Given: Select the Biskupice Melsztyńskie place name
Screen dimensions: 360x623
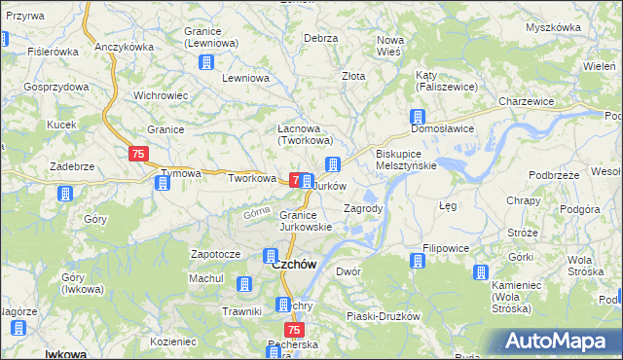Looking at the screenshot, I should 406,160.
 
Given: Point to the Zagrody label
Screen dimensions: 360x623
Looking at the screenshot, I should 363,208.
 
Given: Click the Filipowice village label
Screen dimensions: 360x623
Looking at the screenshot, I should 447,248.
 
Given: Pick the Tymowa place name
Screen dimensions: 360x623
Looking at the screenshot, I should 180,174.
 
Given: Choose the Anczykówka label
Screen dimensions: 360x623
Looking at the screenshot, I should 126,47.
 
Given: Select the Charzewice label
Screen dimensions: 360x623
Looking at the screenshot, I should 526,101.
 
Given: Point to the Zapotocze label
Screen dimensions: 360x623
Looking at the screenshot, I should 215,253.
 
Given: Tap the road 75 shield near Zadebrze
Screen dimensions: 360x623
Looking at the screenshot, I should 137,155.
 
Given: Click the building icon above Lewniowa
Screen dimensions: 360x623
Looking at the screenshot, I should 206,63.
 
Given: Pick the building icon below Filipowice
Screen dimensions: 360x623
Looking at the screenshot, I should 418,261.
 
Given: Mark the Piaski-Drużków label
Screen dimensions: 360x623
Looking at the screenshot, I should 383,316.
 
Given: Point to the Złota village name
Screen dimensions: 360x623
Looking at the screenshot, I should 352,75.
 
